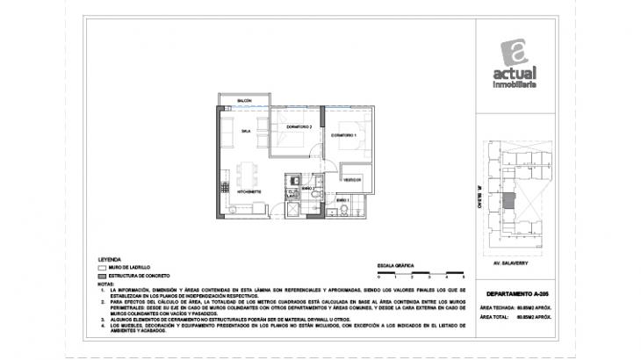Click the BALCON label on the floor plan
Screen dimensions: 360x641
[244, 102]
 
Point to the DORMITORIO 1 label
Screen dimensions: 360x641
[343, 135]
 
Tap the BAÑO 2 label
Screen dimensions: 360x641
[307, 188]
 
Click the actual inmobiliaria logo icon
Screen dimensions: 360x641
[514, 54]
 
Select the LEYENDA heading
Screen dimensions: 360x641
[111, 261]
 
